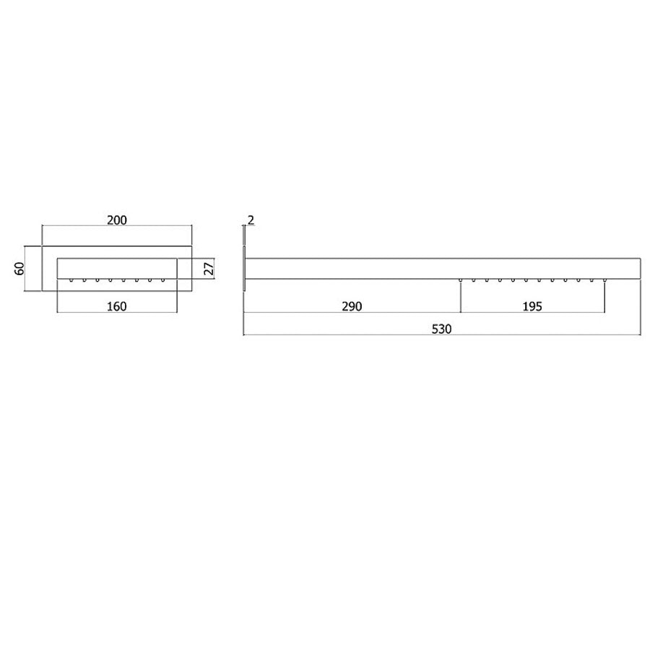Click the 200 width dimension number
(x=116, y=219)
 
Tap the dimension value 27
(x=208, y=268)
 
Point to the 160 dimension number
(x=116, y=305)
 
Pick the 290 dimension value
(x=351, y=305)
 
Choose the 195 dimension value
(x=532, y=305)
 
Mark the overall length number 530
(x=441, y=329)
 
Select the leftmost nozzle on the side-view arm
(x=461, y=279)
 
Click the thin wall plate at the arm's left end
(x=246, y=268)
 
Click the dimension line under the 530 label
(x=441, y=336)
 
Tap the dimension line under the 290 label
(x=351, y=313)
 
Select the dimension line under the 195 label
(x=532, y=313)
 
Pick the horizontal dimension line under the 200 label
(x=116, y=226)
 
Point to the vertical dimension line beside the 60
(x=27, y=268)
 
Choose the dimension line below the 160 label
(x=116, y=313)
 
